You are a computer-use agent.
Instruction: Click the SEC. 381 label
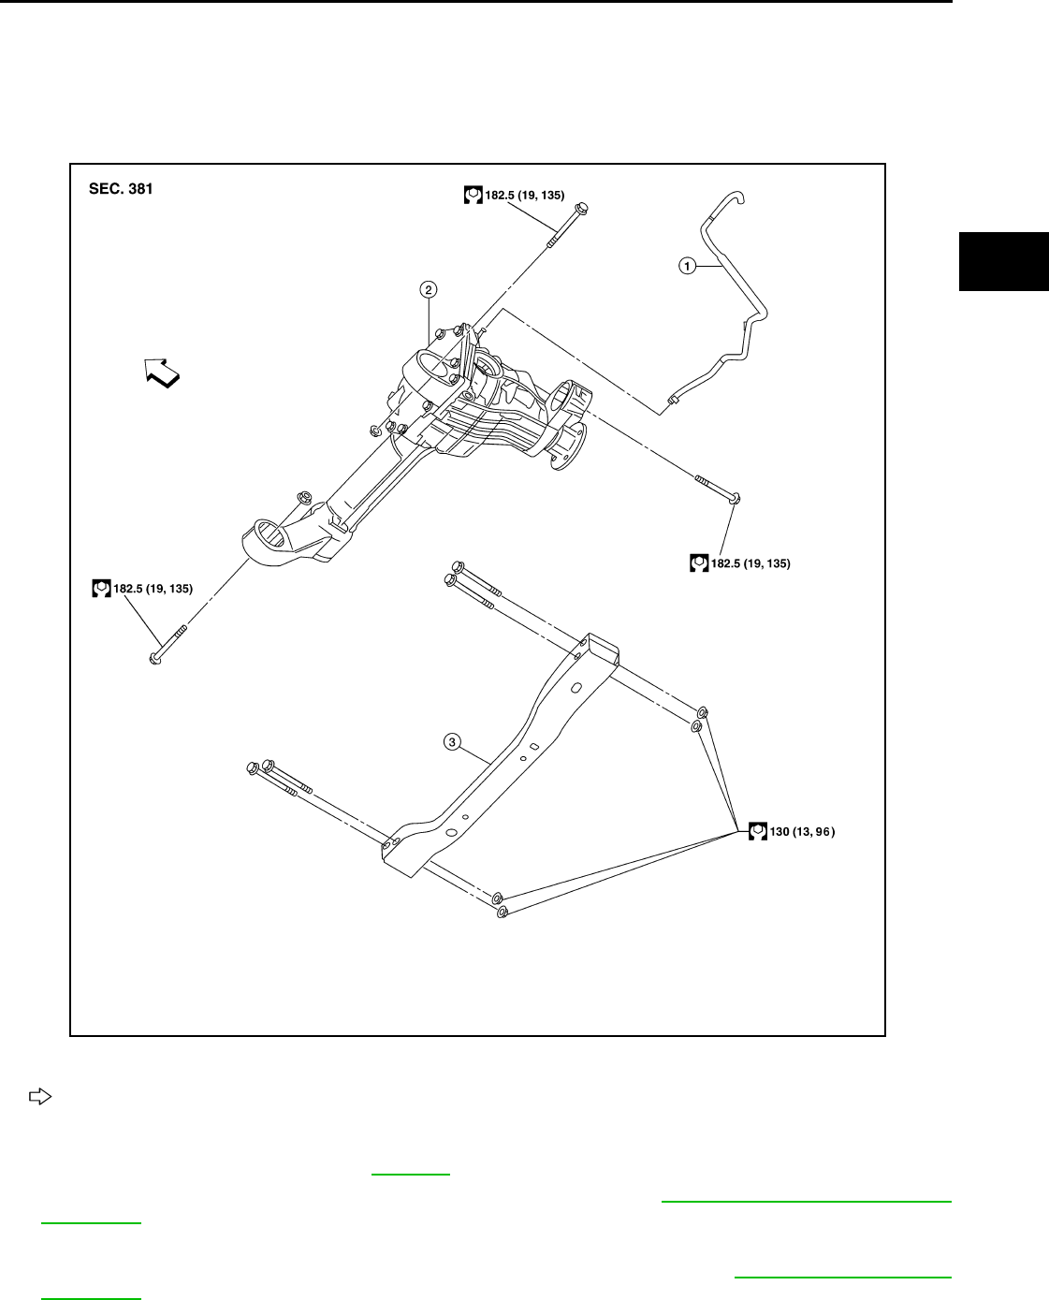[x=121, y=189]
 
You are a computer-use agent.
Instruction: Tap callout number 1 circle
[x=687, y=266]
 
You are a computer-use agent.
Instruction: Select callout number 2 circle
[x=429, y=290]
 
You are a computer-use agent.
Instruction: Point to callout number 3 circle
[x=452, y=742]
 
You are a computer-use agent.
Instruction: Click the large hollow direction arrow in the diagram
[x=163, y=372]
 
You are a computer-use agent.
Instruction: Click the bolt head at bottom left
[x=155, y=659]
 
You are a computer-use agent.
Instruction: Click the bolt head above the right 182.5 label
[x=734, y=498]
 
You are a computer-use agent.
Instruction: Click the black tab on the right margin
[x=1003, y=260]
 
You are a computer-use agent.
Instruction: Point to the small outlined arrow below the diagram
[x=39, y=1094]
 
